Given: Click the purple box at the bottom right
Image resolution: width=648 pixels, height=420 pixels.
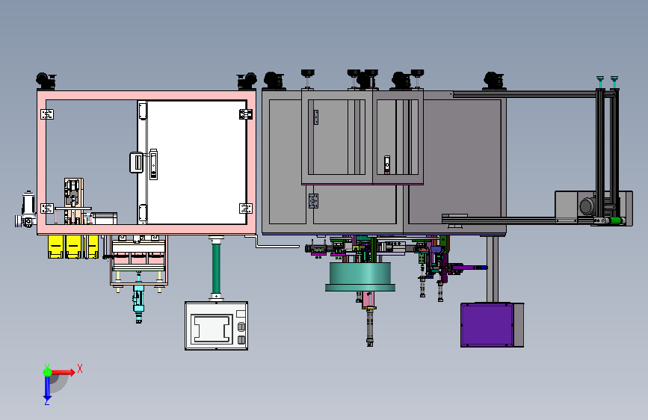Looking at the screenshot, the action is [487, 325].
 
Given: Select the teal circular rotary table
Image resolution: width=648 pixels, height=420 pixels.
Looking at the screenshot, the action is [360, 277].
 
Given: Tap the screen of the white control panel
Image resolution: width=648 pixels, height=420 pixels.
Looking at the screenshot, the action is [212, 328].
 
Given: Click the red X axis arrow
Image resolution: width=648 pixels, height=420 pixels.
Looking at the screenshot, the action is [62, 372].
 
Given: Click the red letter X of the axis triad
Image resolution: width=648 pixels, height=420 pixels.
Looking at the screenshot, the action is [80, 368].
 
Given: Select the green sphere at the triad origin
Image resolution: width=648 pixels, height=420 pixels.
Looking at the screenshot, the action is [48, 372].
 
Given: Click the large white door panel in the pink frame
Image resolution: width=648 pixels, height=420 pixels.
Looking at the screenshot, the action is [197, 162].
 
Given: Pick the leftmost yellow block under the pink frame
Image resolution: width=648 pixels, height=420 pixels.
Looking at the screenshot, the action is [55, 247].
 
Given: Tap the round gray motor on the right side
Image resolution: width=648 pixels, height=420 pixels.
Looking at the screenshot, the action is [587, 206].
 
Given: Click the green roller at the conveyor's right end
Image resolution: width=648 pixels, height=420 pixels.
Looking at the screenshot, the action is [615, 220].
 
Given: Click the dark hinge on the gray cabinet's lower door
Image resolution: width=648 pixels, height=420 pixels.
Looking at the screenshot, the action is [314, 201].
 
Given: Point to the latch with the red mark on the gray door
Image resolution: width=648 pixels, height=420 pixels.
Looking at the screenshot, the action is [387, 164].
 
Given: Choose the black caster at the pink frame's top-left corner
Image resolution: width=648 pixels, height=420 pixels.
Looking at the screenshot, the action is [46, 81].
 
